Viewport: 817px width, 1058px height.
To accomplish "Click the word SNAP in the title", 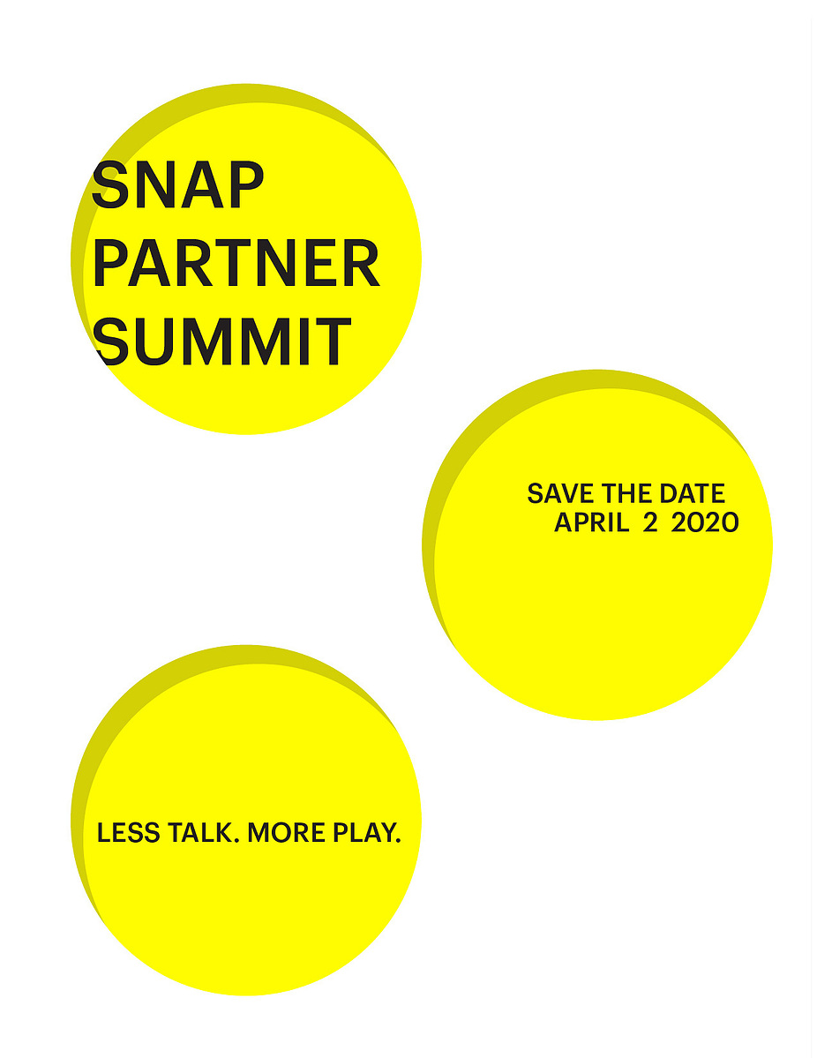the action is pyautogui.click(x=177, y=185).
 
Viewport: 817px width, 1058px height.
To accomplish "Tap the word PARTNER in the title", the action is pyautogui.click(x=236, y=262).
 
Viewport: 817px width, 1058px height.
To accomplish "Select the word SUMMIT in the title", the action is pyautogui.click(x=222, y=341).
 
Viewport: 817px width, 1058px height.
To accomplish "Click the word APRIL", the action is pyautogui.click(x=592, y=522).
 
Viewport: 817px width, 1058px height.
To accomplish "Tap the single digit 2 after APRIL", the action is pyautogui.click(x=649, y=522).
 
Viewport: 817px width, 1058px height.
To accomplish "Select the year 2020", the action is pyautogui.click(x=705, y=522).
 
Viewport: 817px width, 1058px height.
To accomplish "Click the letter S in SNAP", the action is pyautogui.click(x=110, y=185).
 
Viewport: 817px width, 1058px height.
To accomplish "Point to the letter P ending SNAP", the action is pyautogui.click(x=245, y=185).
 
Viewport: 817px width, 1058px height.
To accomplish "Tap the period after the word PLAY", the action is pyautogui.click(x=398, y=840).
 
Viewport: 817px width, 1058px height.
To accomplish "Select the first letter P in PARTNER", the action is pyautogui.click(x=110, y=262).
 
